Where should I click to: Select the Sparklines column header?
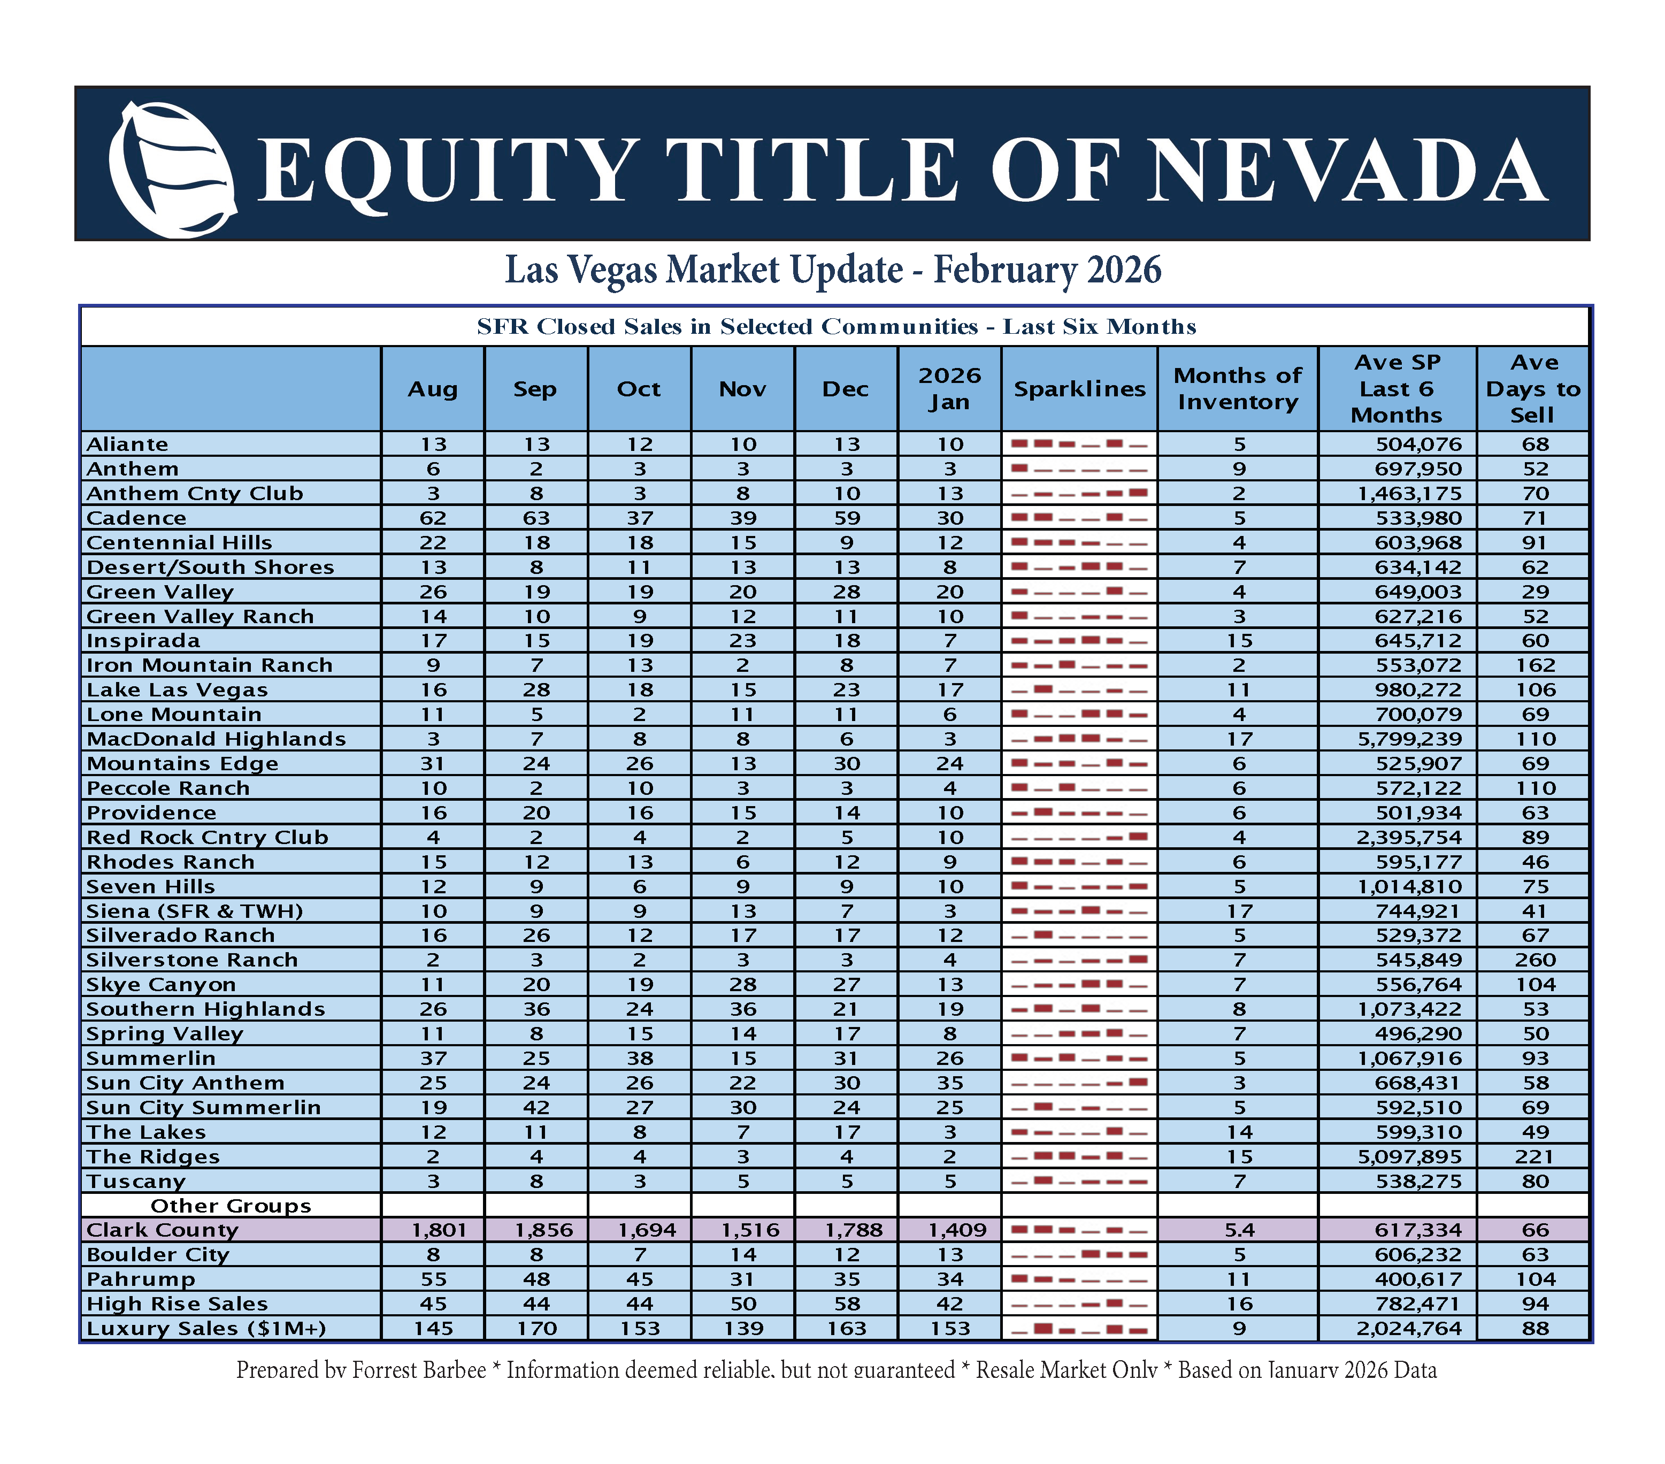tap(1079, 389)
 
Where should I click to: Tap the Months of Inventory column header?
tap(1237, 389)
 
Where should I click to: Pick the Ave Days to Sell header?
tap(1533, 389)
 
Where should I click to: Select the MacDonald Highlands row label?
tap(216, 739)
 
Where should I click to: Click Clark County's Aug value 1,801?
tap(433, 1230)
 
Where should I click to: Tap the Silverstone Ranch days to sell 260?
tap(1534, 960)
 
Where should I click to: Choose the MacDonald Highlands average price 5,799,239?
tap(1409, 739)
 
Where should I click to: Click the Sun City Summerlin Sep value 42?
tap(536, 1107)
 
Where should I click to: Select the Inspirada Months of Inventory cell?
tap(1239, 640)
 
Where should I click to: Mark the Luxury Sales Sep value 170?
tap(536, 1329)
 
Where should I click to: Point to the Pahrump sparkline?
tap(1079, 1279)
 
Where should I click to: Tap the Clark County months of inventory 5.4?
tap(1239, 1230)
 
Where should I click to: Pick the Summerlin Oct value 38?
tap(640, 1058)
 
